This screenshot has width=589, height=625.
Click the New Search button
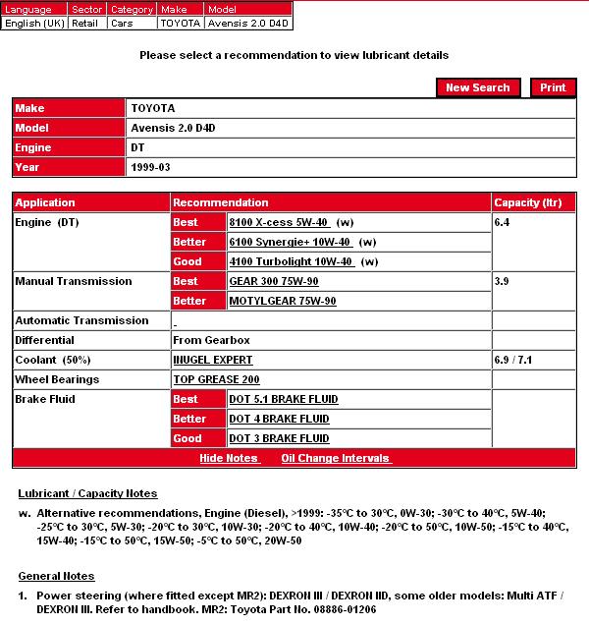477,87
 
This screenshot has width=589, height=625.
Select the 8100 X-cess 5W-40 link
278,222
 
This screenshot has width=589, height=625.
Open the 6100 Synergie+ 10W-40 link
290,242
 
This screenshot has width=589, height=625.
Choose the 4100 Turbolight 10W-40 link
290,261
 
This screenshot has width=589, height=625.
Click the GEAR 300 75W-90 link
274,281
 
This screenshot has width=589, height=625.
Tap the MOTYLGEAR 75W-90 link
282,301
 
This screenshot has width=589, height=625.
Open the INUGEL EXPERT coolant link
212,360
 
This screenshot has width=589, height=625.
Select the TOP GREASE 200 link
216,379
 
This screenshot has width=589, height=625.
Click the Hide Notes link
228,458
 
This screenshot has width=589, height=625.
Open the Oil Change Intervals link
336,458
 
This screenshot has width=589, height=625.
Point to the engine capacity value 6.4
503,222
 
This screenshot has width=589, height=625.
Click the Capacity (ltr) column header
528,202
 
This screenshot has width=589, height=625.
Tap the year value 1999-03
150,167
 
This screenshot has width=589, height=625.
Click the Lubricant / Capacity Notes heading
87,493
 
